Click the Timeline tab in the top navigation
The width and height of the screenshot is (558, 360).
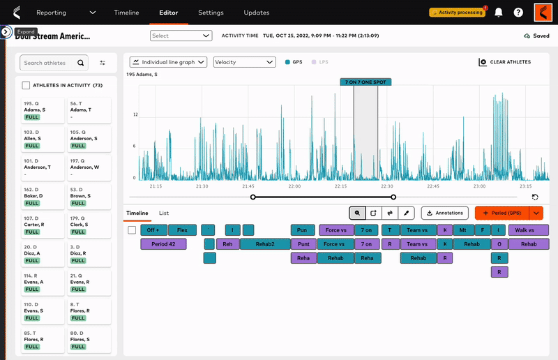pyautogui.click(x=126, y=13)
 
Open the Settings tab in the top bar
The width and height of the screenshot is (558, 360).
pyautogui.click(x=211, y=13)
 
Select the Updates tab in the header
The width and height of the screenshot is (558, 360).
pyautogui.click(x=256, y=13)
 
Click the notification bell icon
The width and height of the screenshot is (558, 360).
pyautogui.click(x=498, y=13)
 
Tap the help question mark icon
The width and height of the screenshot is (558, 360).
pyautogui.click(x=518, y=13)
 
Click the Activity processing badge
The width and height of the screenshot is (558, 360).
pyautogui.click(x=457, y=13)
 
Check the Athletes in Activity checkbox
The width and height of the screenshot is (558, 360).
pyautogui.click(x=26, y=85)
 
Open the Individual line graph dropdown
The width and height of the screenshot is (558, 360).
pyautogui.click(x=168, y=62)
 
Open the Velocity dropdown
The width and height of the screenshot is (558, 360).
pyautogui.click(x=244, y=62)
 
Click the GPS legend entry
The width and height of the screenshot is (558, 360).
pyautogui.click(x=293, y=62)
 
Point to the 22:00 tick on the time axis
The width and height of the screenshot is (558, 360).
pyautogui.click(x=294, y=186)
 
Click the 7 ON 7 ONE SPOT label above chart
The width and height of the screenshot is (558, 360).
pyautogui.click(x=365, y=82)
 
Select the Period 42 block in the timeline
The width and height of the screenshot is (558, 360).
pyautogui.click(x=168, y=244)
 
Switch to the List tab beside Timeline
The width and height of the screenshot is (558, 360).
pyautogui.click(x=164, y=213)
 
